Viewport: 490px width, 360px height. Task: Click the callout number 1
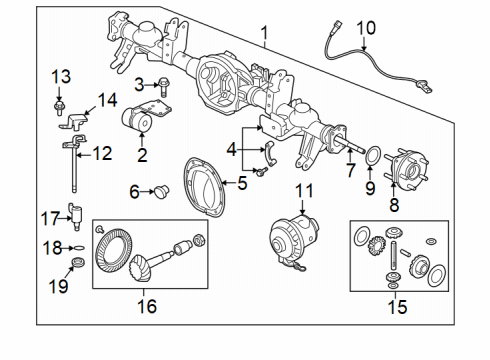point(264,38)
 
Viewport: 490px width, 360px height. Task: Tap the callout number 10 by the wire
point(366,29)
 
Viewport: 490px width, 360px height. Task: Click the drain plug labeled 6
point(158,191)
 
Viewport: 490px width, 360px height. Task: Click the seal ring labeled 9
point(372,157)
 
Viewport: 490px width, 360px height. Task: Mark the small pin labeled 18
point(74,246)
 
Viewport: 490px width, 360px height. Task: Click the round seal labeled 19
point(75,264)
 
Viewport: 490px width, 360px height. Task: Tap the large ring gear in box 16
point(115,253)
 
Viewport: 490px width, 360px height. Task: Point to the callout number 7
point(349,170)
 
